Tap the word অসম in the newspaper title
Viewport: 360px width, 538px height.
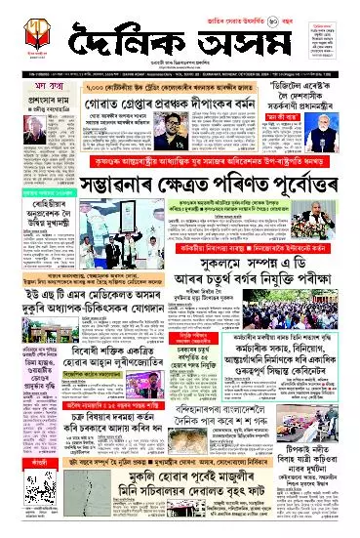[x=249, y=40]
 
